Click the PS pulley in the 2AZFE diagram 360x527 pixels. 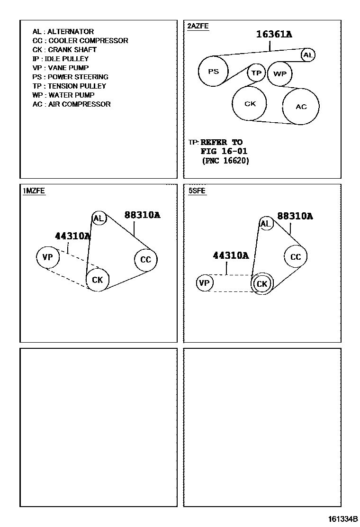pos(213,72)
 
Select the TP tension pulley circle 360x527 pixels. pos(256,73)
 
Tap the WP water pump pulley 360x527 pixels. pos(280,74)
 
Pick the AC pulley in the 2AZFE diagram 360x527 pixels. pos(301,107)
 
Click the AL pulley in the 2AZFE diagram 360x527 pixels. pos(308,55)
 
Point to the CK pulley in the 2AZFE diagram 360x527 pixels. pos(250,104)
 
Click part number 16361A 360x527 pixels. pos(274,34)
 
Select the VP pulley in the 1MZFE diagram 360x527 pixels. pos(47,257)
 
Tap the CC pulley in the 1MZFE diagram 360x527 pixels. pos(145,260)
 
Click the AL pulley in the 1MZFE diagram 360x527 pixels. pos(99,218)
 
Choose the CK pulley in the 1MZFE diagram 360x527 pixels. pos(98,280)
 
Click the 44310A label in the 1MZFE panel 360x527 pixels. pos(72,236)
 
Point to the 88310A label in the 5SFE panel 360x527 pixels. pos(295,216)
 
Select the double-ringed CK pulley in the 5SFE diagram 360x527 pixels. pos(261,284)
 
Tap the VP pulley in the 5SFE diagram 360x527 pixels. pos(204,283)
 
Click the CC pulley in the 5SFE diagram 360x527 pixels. pos(296,257)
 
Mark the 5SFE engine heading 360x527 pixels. pos(197,191)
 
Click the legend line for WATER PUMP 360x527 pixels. pos(63,95)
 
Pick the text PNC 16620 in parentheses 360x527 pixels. pos(225,161)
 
